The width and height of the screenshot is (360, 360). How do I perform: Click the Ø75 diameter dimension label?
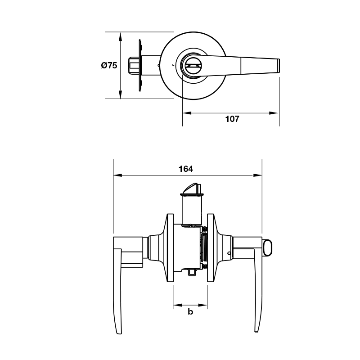coord(109,65)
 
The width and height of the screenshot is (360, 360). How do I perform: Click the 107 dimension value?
coord(232,119)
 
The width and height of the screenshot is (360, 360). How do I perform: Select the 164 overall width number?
coord(186,169)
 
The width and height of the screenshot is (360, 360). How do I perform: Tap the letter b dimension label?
coord(190,312)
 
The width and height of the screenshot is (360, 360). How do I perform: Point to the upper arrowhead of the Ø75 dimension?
coord(120,36)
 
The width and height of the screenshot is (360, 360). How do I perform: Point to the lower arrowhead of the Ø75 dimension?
coord(120,94)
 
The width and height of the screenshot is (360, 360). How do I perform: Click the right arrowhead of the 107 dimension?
coord(274,113)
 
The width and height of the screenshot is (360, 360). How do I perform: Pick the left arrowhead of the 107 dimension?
coord(187,113)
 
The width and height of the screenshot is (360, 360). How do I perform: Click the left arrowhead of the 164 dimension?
coord(117,175)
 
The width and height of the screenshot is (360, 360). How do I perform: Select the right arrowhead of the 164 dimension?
coord(257,175)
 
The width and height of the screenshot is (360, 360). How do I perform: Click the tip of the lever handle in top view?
coord(279,66)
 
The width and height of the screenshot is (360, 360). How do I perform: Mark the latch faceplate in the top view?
coord(140,65)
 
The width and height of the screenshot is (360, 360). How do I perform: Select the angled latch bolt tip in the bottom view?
coord(190,188)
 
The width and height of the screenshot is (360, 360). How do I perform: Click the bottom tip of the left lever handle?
coord(118,333)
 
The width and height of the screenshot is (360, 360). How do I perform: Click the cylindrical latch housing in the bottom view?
coord(192,210)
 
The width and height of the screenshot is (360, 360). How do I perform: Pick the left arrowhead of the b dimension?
coord(177,305)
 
